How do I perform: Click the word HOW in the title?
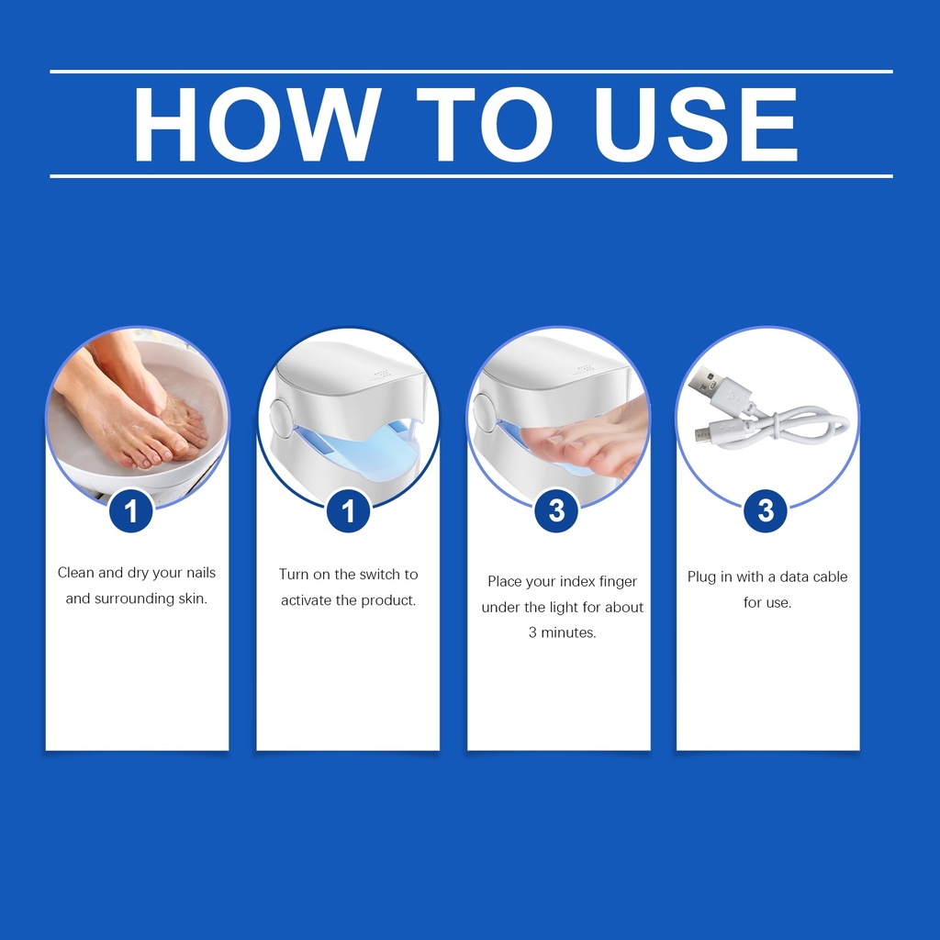[x=257, y=125]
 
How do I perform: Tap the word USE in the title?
[x=696, y=125]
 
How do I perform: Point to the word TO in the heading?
[x=485, y=125]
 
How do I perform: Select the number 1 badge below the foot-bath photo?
[x=131, y=510]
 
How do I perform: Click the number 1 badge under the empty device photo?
[x=348, y=510]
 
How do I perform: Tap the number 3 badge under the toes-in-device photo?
[x=557, y=510]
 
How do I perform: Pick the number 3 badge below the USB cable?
[x=766, y=510]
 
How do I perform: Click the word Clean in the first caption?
[x=75, y=573]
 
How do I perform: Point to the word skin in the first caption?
[x=191, y=599]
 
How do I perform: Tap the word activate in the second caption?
[x=307, y=600]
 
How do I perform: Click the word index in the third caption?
[x=577, y=581]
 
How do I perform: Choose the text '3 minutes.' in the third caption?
[x=563, y=632]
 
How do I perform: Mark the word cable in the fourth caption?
[x=830, y=576]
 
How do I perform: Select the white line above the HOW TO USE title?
[x=471, y=72]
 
